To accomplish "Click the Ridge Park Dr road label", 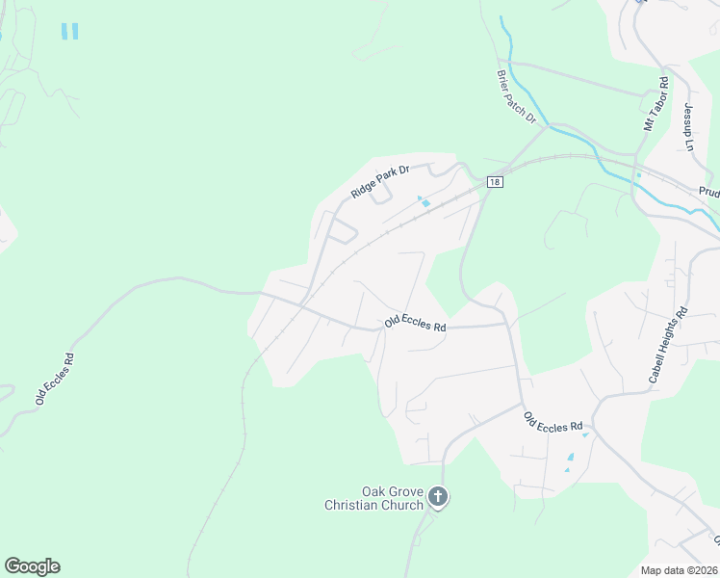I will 380,181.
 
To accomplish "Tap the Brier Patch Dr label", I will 516,95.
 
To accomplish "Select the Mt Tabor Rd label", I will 656,105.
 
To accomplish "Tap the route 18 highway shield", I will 494,182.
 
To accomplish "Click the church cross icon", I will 438,498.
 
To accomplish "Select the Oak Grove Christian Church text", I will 374,498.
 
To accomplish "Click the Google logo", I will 32,566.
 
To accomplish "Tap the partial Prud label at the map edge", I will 708,193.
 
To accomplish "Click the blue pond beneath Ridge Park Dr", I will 424,202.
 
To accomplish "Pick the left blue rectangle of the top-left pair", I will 64,31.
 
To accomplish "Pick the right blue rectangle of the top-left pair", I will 75,31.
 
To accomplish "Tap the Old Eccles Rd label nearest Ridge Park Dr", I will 415,326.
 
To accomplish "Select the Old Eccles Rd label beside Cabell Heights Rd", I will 554,421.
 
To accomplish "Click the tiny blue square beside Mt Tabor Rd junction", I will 638,175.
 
